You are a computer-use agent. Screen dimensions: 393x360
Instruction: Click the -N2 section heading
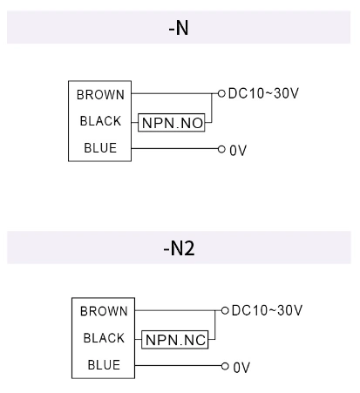click(x=179, y=248)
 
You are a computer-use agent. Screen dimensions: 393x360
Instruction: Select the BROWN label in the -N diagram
click(x=100, y=95)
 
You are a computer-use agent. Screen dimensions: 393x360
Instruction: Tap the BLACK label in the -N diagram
click(x=100, y=121)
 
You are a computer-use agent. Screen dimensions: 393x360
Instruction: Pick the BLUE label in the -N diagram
click(x=100, y=148)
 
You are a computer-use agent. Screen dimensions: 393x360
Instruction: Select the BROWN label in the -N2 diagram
click(x=104, y=311)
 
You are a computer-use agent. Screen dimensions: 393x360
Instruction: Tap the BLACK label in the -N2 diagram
click(x=104, y=338)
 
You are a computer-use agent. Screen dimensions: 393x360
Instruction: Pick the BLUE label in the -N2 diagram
click(x=104, y=365)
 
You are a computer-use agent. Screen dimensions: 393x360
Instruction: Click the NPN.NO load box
click(x=172, y=123)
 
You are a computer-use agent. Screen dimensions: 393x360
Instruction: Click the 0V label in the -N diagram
click(x=238, y=150)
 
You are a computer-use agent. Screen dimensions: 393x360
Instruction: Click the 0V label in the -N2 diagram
click(x=241, y=367)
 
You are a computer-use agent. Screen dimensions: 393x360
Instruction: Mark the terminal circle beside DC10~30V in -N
click(x=221, y=91)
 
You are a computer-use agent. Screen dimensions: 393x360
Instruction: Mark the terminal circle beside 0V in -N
click(x=221, y=149)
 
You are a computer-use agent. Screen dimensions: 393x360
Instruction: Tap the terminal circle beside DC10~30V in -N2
click(x=225, y=309)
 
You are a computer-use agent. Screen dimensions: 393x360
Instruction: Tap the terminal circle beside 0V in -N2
click(x=225, y=366)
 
